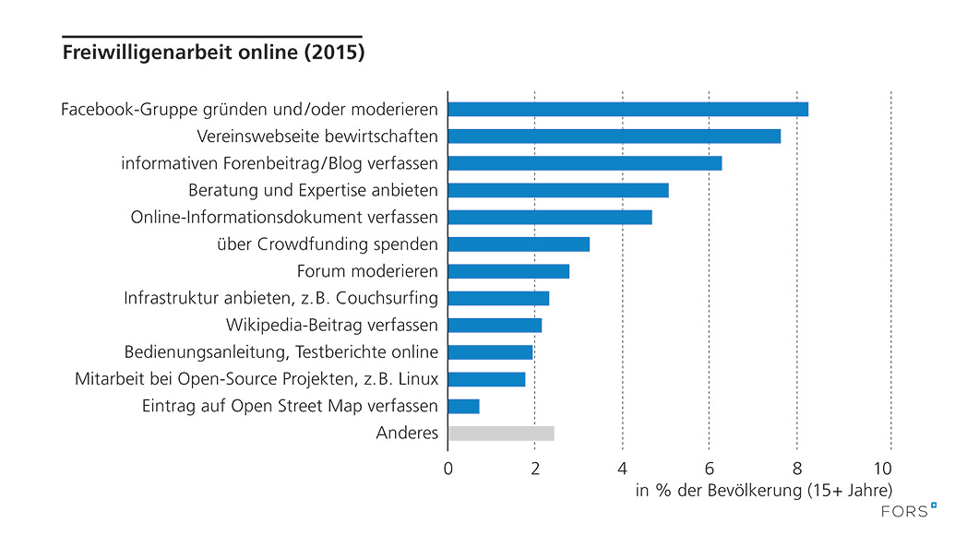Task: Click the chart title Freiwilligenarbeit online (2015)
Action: pyautogui.click(x=213, y=53)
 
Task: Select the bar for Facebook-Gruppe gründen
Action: pyautogui.click(x=627, y=109)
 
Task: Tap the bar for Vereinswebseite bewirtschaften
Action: pyautogui.click(x=614, y=137)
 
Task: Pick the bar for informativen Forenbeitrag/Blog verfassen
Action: pyautogui.click(x=584, y=163)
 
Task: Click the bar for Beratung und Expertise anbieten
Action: pyautogui.click(x=557, y=191)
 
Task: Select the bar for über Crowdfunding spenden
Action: pyautogui.click(x=518, y=244)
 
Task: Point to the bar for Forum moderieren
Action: pyautogui.click(x=507, y=271)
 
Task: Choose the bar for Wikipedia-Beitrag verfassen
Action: pyautogui.click(x=494, y=326)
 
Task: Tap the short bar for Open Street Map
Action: pyautogui.click(x=463, y=406)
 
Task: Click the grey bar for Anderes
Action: pyautogui.click(x=500, y=434)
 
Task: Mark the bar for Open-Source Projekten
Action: pyautogui.click(x=486, y=379)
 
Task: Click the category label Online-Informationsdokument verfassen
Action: pyautogui.click(x=284, y=218)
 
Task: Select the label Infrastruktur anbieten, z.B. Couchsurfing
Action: pyautogui.click(x=281, y=298)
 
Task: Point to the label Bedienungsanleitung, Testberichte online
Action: pyautogui.click(x=281, y=352)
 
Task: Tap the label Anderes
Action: pyautogui.click(x=407, y=434)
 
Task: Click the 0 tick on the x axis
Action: pyautogui.click(x=448, y=467)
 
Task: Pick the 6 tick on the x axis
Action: pyautogui.click(x=709, y=467)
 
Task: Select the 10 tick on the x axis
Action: pyautogui.click(x=888, y=467)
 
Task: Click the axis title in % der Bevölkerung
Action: pyautogui.click(x=764, y=491)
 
